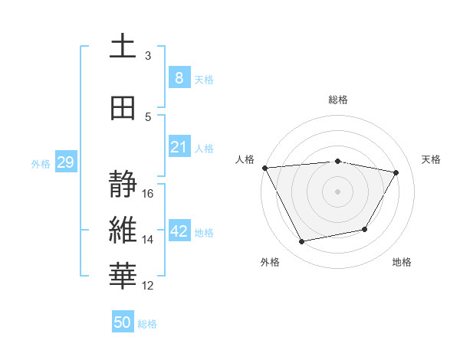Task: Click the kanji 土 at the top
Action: pyautogui.click(x=122, y=47)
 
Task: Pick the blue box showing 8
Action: pyautogui.click(x=179, y=78)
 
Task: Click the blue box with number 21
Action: pyautogui.click(x=179, y=147)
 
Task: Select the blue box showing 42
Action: pyautogui.click(x=179, y=232)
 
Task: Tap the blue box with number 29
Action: pyautogui.click(x=65, y=162)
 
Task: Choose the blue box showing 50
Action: pyautogui.click(x=123, y=322)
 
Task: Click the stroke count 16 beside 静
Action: pyautogui.click(x=148, y=194)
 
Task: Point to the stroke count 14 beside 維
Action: pyautogui.click(x=148, y=240)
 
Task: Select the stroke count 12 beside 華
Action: pyautogui.click(x=148, y=286)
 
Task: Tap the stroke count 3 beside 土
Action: pyautogui.click(x=148, y=55)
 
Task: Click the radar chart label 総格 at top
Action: pyautogui.click(x=338, y=100)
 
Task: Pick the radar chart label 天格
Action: pyautogui.click(x=431, y=159)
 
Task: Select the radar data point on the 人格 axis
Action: pyautogui.click(x=264, y=168)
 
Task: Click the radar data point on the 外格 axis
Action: pyautogui.click(x=301, y=242)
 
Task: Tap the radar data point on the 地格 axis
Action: pyautogui.click(x=365, y=229)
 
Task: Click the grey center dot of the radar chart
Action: pyautogui.click(x=338, y=191)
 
